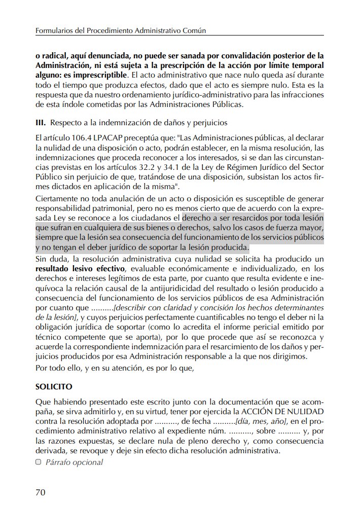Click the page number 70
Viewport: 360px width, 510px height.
[42, 492]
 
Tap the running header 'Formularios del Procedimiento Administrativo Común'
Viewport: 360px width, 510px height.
[120, 31]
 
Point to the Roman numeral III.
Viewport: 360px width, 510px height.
[41, 122]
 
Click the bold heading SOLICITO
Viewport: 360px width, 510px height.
[54, 386]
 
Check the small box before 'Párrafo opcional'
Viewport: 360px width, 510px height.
[39, 462]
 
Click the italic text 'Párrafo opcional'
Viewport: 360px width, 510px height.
[74, 462]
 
